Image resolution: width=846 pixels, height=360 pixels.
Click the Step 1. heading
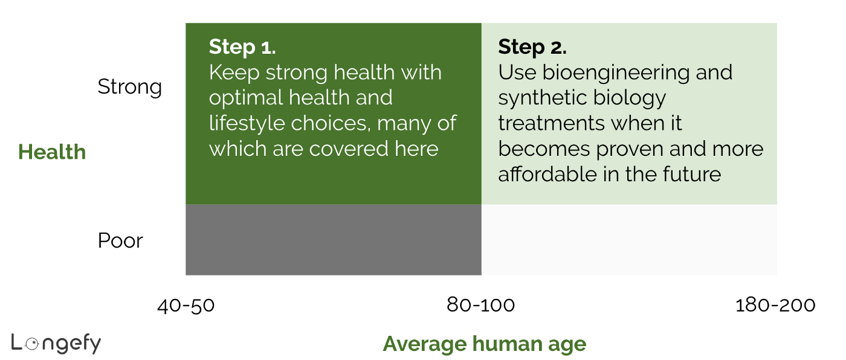click(x=242, y=47)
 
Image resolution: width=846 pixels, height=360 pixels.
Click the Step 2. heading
click(x=532, y=47)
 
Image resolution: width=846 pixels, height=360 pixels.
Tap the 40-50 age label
click(x=186, y=306)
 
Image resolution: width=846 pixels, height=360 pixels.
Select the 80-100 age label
click(x=481, y=306)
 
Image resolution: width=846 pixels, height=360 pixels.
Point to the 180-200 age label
click(x=775, y=306)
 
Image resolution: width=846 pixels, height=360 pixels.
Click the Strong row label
click(x=130, y=87)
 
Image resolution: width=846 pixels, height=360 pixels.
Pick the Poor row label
click(x=120, y=241)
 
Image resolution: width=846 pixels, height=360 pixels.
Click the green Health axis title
click(x=52, y=152)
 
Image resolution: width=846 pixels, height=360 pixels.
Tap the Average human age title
click(x=484, y=344)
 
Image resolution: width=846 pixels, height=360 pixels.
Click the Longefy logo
click(x=56, y=344)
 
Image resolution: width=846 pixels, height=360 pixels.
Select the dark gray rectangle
click(x=333, y=240)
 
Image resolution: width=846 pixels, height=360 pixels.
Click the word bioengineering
click(x=615, y=72)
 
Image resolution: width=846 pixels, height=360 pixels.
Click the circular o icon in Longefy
click(x=33, y=343)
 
